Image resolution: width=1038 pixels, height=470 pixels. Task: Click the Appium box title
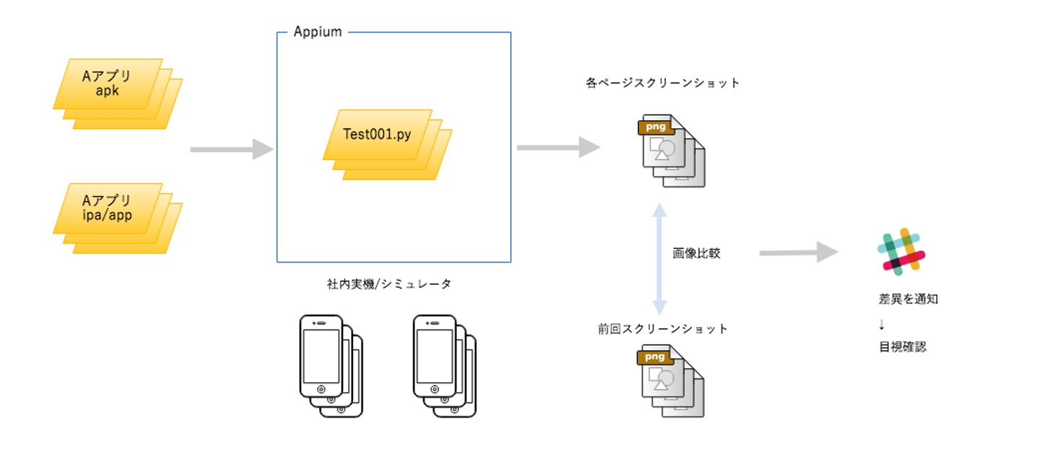(318, 32)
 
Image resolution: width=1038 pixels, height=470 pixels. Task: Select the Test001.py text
(377, 134)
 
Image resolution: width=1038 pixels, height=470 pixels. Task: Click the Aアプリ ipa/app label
(107, 208)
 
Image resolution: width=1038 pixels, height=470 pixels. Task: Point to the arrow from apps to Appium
(231, 150)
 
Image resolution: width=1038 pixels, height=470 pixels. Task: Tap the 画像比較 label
(696, 254)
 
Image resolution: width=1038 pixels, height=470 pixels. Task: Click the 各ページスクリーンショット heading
(663, 83)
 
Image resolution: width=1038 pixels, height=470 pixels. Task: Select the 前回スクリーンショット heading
(663, 329)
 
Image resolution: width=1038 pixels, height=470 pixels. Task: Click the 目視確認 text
(902, 347)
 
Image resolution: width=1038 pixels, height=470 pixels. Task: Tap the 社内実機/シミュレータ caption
(389, 284)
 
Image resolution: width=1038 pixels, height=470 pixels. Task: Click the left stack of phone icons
(330, 365)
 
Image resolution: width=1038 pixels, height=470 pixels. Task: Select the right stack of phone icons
(444, 365)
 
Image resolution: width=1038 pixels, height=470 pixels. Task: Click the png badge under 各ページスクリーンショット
(655, 128)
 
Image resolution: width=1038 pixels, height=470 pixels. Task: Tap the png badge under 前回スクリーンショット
(655, 358)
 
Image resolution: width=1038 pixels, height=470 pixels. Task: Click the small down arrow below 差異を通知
(882, 324)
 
